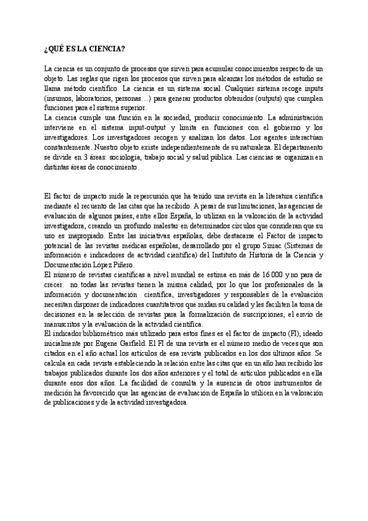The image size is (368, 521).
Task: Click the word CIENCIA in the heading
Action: click(109, 49)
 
